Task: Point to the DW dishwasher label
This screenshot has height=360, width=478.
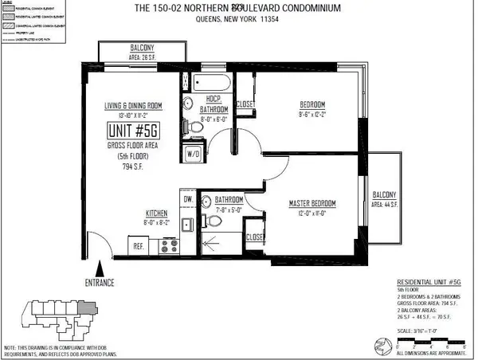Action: (188, 198)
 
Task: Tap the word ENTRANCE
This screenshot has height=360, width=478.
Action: (100, 283)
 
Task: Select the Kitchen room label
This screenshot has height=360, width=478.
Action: (158, 213)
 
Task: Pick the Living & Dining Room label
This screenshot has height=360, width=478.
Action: (133, 107)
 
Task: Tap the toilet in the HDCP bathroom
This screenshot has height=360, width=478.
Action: (188, 126)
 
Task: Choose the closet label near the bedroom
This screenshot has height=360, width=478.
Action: (246, 104)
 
